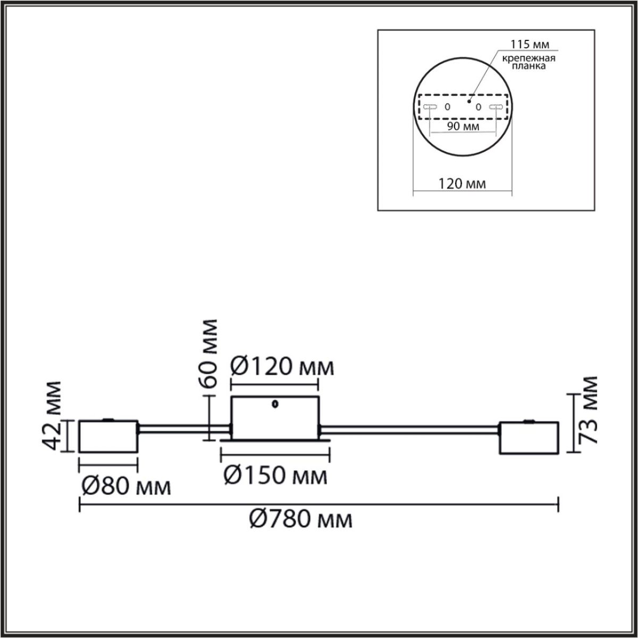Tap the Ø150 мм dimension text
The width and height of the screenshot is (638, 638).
coord(275,475)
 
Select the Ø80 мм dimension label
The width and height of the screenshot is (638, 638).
coord(126,486)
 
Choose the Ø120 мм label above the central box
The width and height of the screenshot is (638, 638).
coord(282,367)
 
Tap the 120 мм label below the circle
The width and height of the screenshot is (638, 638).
coord(462,184)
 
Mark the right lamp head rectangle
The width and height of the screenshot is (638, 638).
coord(528,438)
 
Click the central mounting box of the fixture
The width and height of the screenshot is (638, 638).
coord(274,418)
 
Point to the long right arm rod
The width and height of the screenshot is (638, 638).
coord(409,426)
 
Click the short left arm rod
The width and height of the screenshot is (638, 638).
coord(183,426)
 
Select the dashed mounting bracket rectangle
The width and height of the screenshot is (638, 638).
coord(463,107)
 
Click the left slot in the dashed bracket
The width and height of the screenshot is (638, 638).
coord(430,107)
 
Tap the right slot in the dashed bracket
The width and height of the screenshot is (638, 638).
coord(496,107)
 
